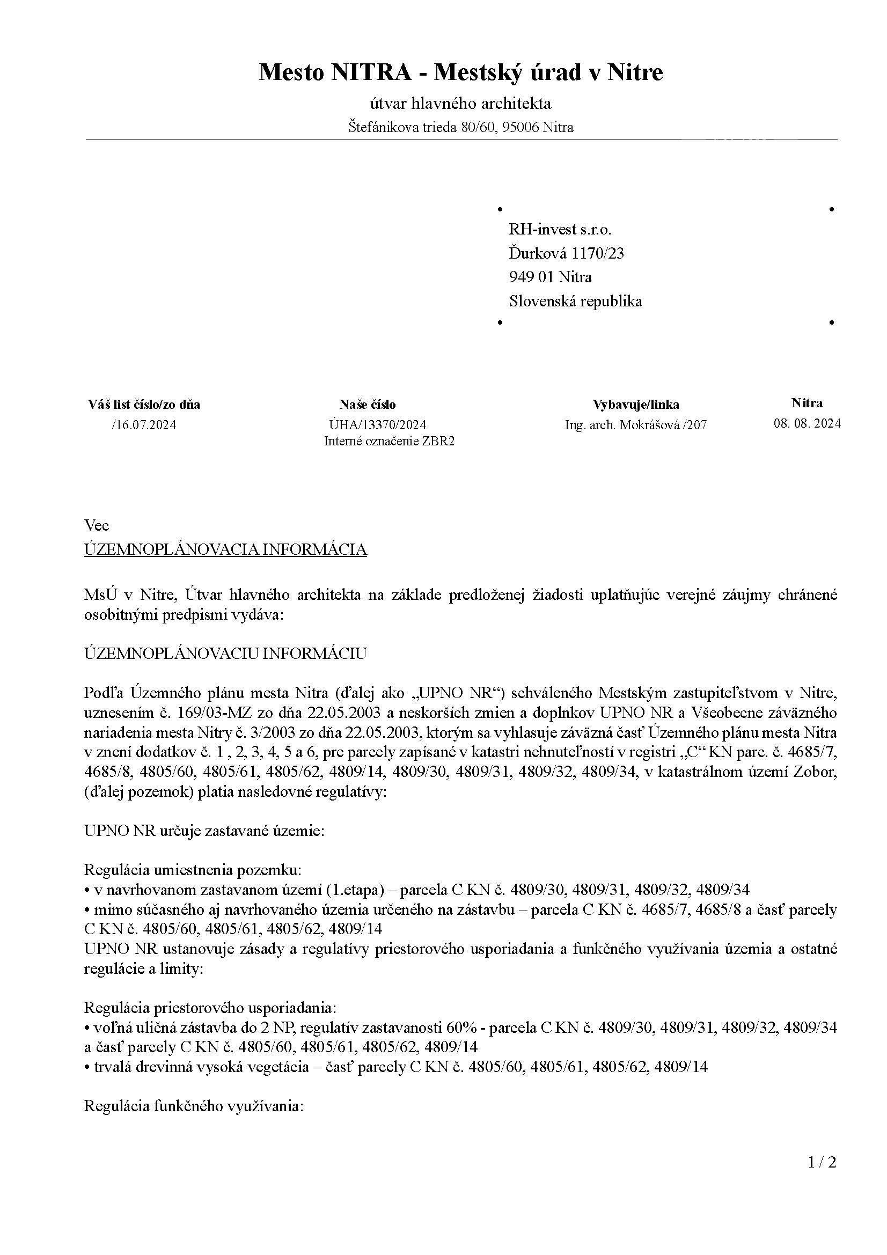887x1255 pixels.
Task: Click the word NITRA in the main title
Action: (371, 72)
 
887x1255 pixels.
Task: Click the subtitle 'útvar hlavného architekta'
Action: (461, 104)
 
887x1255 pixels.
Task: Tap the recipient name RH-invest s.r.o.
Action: (560, 230)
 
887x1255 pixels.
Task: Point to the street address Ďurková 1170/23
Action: (566, 253)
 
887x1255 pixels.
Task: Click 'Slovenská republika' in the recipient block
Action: (575, 301)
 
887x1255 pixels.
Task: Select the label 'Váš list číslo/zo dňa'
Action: (144, 405)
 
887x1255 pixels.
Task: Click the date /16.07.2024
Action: (144, 425)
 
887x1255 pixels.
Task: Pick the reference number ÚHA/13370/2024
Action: (378, 425)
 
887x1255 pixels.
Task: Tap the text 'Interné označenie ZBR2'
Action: (389, 441)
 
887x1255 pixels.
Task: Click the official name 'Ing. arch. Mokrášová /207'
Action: (635, 425)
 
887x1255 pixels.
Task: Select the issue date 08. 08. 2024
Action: (807, 423)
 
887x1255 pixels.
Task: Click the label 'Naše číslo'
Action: (367, 405)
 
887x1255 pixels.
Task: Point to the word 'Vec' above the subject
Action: (97, 526)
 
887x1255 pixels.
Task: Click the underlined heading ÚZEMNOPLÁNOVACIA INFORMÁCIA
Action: (225, 549)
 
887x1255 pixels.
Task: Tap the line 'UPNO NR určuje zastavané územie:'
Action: (204, 831)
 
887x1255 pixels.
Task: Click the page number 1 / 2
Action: (822, 1177)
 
